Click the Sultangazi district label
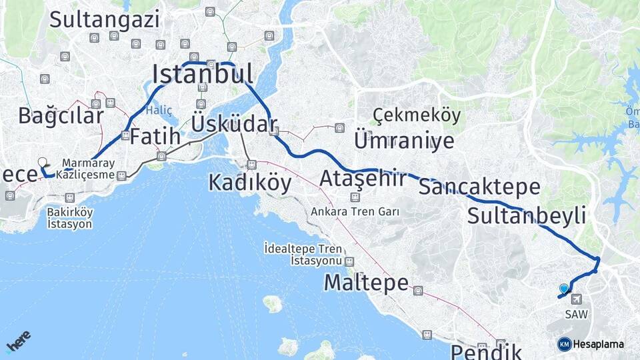pyautogui.click(x=105, y=19)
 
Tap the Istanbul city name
pyautogui.click(x=203, y=74)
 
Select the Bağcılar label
pyautogui.click(x=61, y=115)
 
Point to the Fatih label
pyautogui.click(x=155, y=137)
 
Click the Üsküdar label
pyautogui.click(x=234, y=123)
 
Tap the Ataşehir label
pyautogui.click(x=363, y=179)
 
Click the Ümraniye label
pyautogui.click(x=404, y=141)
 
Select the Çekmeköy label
pyautogui.click(x=417, y=115)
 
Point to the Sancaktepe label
pyautogui.click(x=479, y=187)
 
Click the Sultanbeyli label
pyautogui.click(x=527, y=215)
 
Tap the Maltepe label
pyautogui.click(x=366, y=283)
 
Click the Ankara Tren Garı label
pyautogui.click(x=355, y=212)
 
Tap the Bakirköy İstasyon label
pyautogui.click(x=70, y=218)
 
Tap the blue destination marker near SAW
pyautogui.click(x=564, y=289)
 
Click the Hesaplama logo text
pyautogui.click(x=598, y=344)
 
